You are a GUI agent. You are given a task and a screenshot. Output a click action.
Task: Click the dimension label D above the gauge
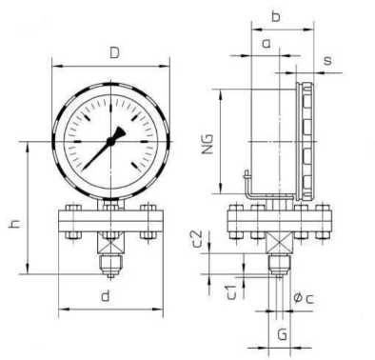pos(114,52)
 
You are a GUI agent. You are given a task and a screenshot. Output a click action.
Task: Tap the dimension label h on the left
pos(15,223)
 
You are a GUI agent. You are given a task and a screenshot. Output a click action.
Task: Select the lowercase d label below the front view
pos(106,296)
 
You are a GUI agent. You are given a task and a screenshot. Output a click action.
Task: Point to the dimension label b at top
pos(276,16)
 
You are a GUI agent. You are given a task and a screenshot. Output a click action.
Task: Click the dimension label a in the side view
pos(266,44)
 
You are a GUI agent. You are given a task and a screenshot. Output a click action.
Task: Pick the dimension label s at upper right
pos(327,60)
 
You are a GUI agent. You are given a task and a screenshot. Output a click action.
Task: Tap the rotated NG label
pos(208,144)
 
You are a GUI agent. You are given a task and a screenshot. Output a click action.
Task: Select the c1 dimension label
pos(232,292)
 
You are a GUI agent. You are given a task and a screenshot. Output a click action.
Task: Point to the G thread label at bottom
pos(282,334)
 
